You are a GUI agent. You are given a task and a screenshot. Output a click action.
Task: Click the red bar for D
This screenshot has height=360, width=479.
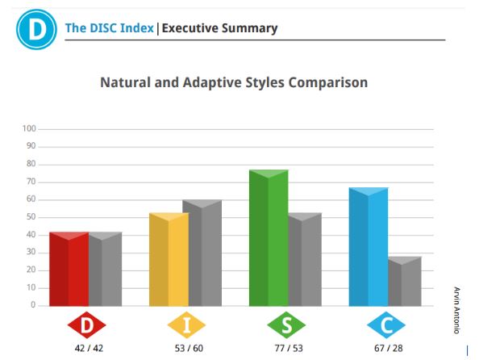tap(69, 269)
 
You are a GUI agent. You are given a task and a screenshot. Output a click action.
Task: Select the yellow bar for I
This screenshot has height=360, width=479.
tap(169, 259)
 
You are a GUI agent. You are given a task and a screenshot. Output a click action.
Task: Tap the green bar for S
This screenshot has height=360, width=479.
tap(269, 238)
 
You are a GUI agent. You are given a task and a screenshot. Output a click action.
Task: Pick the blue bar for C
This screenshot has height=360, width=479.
tap(369, 247)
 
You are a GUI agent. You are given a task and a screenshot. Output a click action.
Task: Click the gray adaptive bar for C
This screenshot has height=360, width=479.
tap(405, 282)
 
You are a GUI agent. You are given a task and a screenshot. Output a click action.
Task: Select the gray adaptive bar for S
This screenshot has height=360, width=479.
tap(305, 259)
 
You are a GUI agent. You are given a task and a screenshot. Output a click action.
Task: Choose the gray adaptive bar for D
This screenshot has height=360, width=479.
tap(106, 269)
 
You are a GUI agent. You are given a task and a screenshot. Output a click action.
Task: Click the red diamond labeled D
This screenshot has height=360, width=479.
tap(87, 325)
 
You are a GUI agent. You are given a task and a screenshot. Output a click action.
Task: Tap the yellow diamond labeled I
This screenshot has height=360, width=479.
tap(186, 325)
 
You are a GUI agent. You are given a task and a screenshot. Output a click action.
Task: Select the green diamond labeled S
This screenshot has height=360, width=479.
tap(286, 325)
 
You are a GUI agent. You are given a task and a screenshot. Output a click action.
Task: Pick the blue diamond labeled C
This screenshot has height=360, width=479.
tap(386, 325)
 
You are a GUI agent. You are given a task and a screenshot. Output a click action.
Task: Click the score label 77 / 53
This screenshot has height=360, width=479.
tap(289, 349)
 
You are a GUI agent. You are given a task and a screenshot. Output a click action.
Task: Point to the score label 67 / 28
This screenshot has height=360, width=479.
tap(389, 349)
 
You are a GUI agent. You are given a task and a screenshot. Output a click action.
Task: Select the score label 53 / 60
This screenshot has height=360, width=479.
tap(189, 349)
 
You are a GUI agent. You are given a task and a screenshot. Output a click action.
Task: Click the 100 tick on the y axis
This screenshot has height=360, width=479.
tap(29, 129)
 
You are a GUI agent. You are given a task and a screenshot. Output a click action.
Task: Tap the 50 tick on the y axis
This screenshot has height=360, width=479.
tap(31, 217)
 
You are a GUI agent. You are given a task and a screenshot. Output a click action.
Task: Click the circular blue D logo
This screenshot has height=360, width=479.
tap(36, 29)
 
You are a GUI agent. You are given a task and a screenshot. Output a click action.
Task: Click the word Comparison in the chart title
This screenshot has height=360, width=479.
tap(327, 83)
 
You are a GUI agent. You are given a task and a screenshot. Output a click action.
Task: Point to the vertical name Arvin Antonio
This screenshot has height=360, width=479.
tap(456, 310)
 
